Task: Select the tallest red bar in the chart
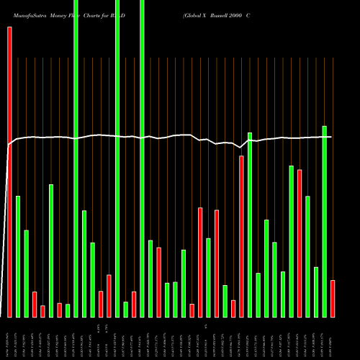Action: pyautogui.click(x=9, y=172)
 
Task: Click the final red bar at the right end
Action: pyautogui.click(x=333, y=298)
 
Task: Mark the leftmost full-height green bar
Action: pyautogui.click(x=76, y=158)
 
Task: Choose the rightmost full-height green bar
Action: pyautogui.click(x=142, y=158)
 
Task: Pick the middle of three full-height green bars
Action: pyautogui.click(x=117, y=158)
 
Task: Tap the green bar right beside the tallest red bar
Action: pyautogui.click(x=18, y=256)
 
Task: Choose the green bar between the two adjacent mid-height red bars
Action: pyautogui.click(x=208, y=277)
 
